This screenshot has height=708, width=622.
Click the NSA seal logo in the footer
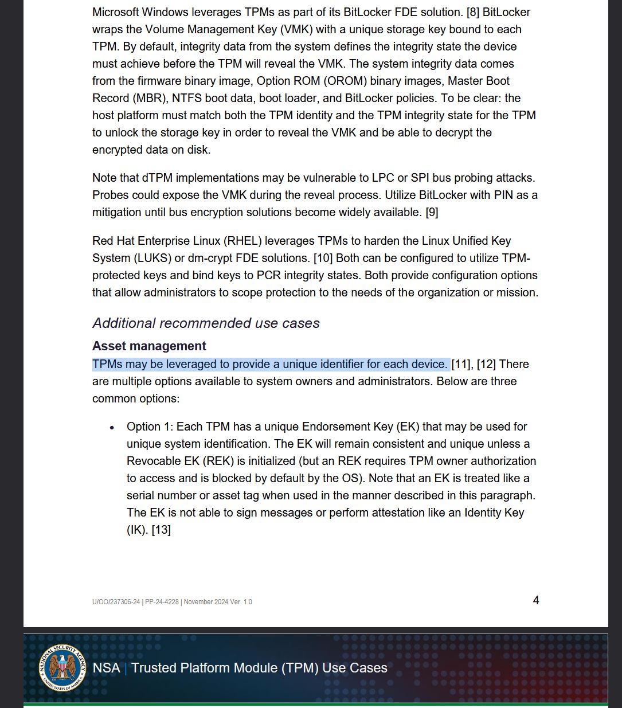pyautogui.click(x=62, y=667)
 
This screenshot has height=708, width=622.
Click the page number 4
pyautogui.click(x=536, y=600)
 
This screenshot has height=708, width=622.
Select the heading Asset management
pyautogui.click(x=149, y=346)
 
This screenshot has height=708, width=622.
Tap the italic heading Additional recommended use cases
pyautogui.click(x=206, y=323)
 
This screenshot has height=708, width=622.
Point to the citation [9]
pyautogui.click(x=432, y=212)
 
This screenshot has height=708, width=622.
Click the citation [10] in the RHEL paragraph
pyautogui.click(x=323, y=258)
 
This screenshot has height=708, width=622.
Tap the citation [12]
pyautogui.click(x=486, y=364)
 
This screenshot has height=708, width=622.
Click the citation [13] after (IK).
pyautogui.click(x=161, y=530)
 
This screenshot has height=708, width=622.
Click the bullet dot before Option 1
pyautogui.click(x=113, y=428)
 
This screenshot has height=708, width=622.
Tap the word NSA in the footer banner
pyautogui.click(x=107, y=668)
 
